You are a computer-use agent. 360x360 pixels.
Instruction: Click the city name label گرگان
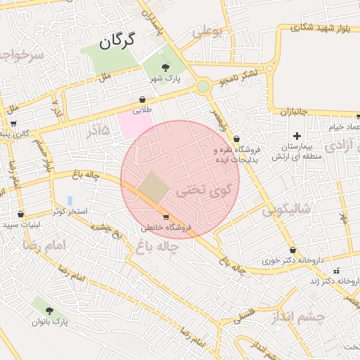coord(117,41)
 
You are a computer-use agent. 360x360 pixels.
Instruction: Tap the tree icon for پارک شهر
coord(165,67)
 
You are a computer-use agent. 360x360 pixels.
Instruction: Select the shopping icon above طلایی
coord(143,100)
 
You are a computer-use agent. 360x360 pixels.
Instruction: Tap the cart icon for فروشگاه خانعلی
coord(165,217)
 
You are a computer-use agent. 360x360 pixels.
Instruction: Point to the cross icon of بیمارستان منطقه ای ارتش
coord(297,136)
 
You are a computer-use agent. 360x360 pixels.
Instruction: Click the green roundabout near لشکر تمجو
coord(203,86)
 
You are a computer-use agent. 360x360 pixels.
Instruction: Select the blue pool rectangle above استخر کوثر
coord(70,201)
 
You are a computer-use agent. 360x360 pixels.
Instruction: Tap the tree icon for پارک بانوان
coord(49,310)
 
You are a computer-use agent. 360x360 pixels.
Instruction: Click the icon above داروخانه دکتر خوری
coord(292,250)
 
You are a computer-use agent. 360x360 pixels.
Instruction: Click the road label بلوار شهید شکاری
coord(313,27)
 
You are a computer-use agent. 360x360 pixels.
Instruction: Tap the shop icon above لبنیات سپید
coord(20,214)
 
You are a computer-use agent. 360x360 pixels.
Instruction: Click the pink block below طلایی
coord(135,124)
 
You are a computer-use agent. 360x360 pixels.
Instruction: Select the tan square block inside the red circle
coord(153,188)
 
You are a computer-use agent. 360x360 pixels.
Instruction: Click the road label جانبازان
coord(295,111)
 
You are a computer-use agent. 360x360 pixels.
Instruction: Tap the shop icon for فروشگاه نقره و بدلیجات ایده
coord(236,139)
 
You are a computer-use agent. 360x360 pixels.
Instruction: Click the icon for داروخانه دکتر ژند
coord(336,271)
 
